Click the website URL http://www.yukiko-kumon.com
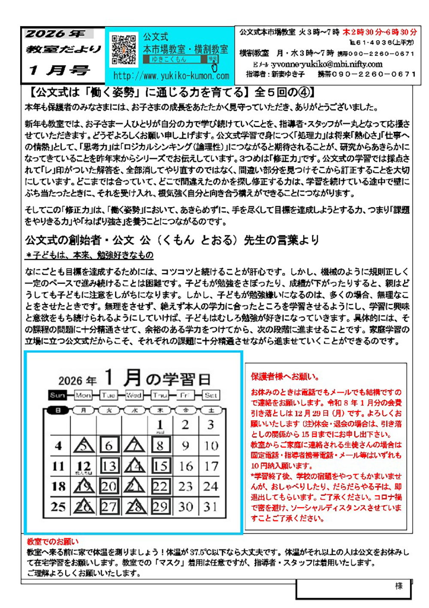(x=171, y=76)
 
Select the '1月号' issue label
(x=60, y=70)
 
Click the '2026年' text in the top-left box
(x=55, y=33)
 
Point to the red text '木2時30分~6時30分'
(x=379, y=32)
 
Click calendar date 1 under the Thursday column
(x=160, y=425)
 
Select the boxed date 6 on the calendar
(x=109, y=445)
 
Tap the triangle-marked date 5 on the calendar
(x=84, y=445)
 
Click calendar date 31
(x=211, y=507)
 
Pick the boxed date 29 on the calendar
(x=160, y=507)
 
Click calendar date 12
(x=84, y=466)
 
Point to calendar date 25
(x=58, y=507)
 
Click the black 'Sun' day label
(x=57, y=395)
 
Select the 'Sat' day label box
(x=211, y=395)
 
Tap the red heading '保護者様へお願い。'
(x=285, y=377)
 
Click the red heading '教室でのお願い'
(x=53, y=541)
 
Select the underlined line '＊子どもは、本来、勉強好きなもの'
(x=89, y=255)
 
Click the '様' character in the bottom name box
(x=399, y=586)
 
